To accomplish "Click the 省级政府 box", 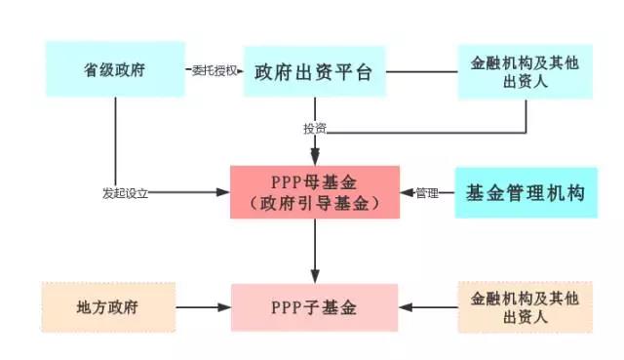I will pyautogui.click(x=115, y=69).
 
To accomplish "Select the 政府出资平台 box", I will pyautogui.click(x=314, y=71).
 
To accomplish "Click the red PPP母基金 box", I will pyautogui.click(x=314, y=192).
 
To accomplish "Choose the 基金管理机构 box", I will pyautogui.click(x=526, y=192).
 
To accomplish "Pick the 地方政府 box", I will pyautogui.click(x=107, y=307).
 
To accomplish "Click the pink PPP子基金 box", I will pyautogui.click(x=314, y=307).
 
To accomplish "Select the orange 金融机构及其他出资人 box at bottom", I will pyautogui.click(x=526, y=307).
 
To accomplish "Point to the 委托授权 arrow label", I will pyautogui.click(x=213, y=71).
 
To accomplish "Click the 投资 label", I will pyautogui.click(x=314, y=129).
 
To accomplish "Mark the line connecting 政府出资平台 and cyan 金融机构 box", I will pyautogui.click(x=421, y=71).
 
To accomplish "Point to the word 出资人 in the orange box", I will pyautogui.click(x=526, y=317).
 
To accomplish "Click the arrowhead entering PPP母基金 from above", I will pyautogui.click(x=314, y=157).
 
